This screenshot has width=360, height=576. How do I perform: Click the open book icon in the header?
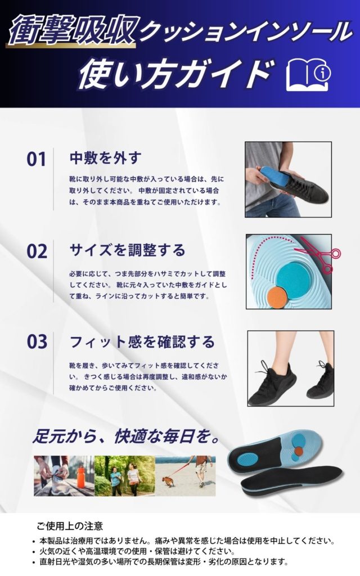pyautogui.click(x=308, y=74)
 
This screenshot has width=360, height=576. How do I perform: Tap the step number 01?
pyautogui.click(x=37, y=159)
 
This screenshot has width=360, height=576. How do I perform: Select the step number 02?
pyautogui.click(x=37, y=251)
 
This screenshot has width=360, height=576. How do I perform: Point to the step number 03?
pyautogui.click(x=37, y=341)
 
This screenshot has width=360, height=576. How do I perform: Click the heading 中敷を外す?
pyautogui.click(x=105, y=158)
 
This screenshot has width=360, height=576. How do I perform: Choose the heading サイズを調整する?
pyautogui.click(x=128, y=250)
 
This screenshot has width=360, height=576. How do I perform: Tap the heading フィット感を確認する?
pyautogui.click(x=142, y=341)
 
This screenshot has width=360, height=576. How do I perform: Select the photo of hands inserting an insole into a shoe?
pyautogui.click(x=289, y=179)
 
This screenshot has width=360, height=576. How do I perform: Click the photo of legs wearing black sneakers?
pyautogui.click(x=291, y=368)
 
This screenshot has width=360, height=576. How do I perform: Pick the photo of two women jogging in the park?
pyautogui.click(x=125, y=476)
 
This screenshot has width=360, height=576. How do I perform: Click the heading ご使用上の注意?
pyautogui.click(x=70, y=526)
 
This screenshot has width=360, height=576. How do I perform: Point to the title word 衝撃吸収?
pyautogui.click(x=72, y=30)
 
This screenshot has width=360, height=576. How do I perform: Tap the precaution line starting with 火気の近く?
pyautogui.click(x=137, y=551)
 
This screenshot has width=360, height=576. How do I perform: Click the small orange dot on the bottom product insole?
pyautogui.click(x=300, y=451)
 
